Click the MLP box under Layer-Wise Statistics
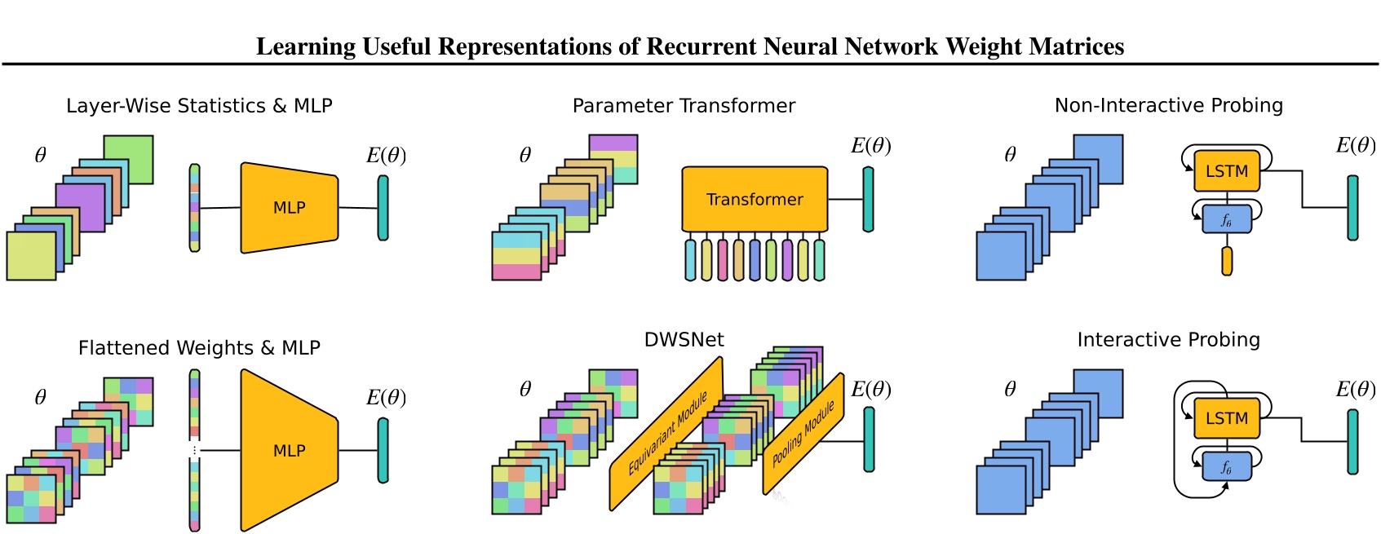(289, 208)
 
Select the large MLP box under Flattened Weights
(289, 451)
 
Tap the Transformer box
(755, 200)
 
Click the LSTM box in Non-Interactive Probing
(1226, 171)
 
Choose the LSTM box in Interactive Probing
(1226, 418)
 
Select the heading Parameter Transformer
(684, 106)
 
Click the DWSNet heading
(684, 340)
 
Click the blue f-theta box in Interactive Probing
(1226, 467)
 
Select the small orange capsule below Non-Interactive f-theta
(1226, 261)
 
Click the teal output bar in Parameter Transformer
(868, 200)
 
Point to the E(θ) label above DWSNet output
(870, 390)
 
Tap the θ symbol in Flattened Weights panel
(40, 398)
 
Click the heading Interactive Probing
(1168, 340)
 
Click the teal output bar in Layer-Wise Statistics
(383, 208)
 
